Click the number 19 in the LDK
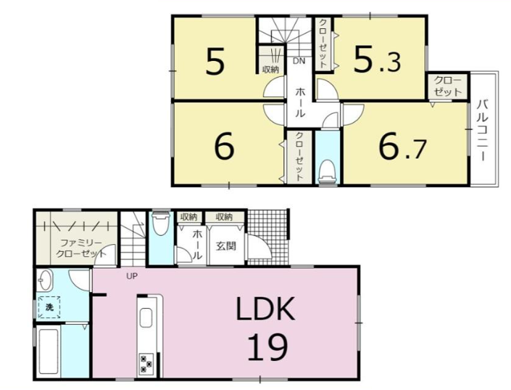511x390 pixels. pos(267,347)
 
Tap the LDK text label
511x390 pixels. pos(265,309)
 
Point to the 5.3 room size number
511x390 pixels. pos(378,59)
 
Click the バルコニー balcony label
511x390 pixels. pos(483,131)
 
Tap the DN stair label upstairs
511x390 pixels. pos(299,61)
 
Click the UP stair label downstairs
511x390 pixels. pos(132,276)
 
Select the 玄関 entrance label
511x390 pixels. pos(226,246)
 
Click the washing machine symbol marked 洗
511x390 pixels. pos(49,307)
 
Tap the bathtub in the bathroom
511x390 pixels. pos(49,351)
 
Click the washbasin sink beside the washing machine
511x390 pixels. pos(44,280)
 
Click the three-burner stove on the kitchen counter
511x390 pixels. pos(146,364)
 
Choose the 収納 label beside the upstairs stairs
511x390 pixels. pos(271,69)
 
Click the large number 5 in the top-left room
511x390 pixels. pos(215,60)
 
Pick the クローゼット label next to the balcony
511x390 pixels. pos(448,86)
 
